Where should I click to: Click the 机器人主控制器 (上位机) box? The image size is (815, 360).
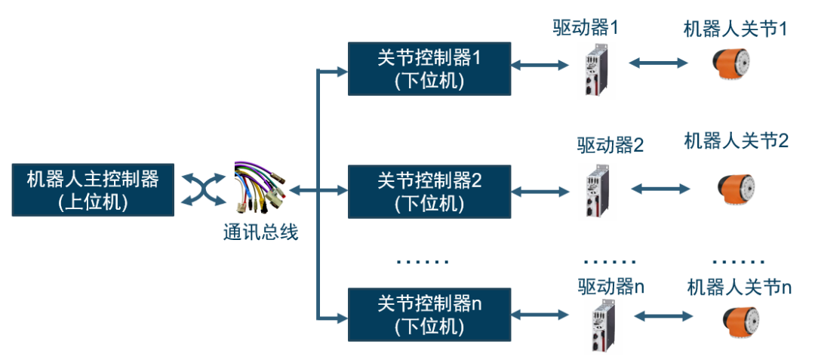[x=93, y=189]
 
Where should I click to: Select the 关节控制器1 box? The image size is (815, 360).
[x=429, y=69]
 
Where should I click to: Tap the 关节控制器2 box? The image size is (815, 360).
[x=429, y=191]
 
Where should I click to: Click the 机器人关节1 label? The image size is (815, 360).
[x=735, y=29]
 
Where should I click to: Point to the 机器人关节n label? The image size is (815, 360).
[x=739, y=288]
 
